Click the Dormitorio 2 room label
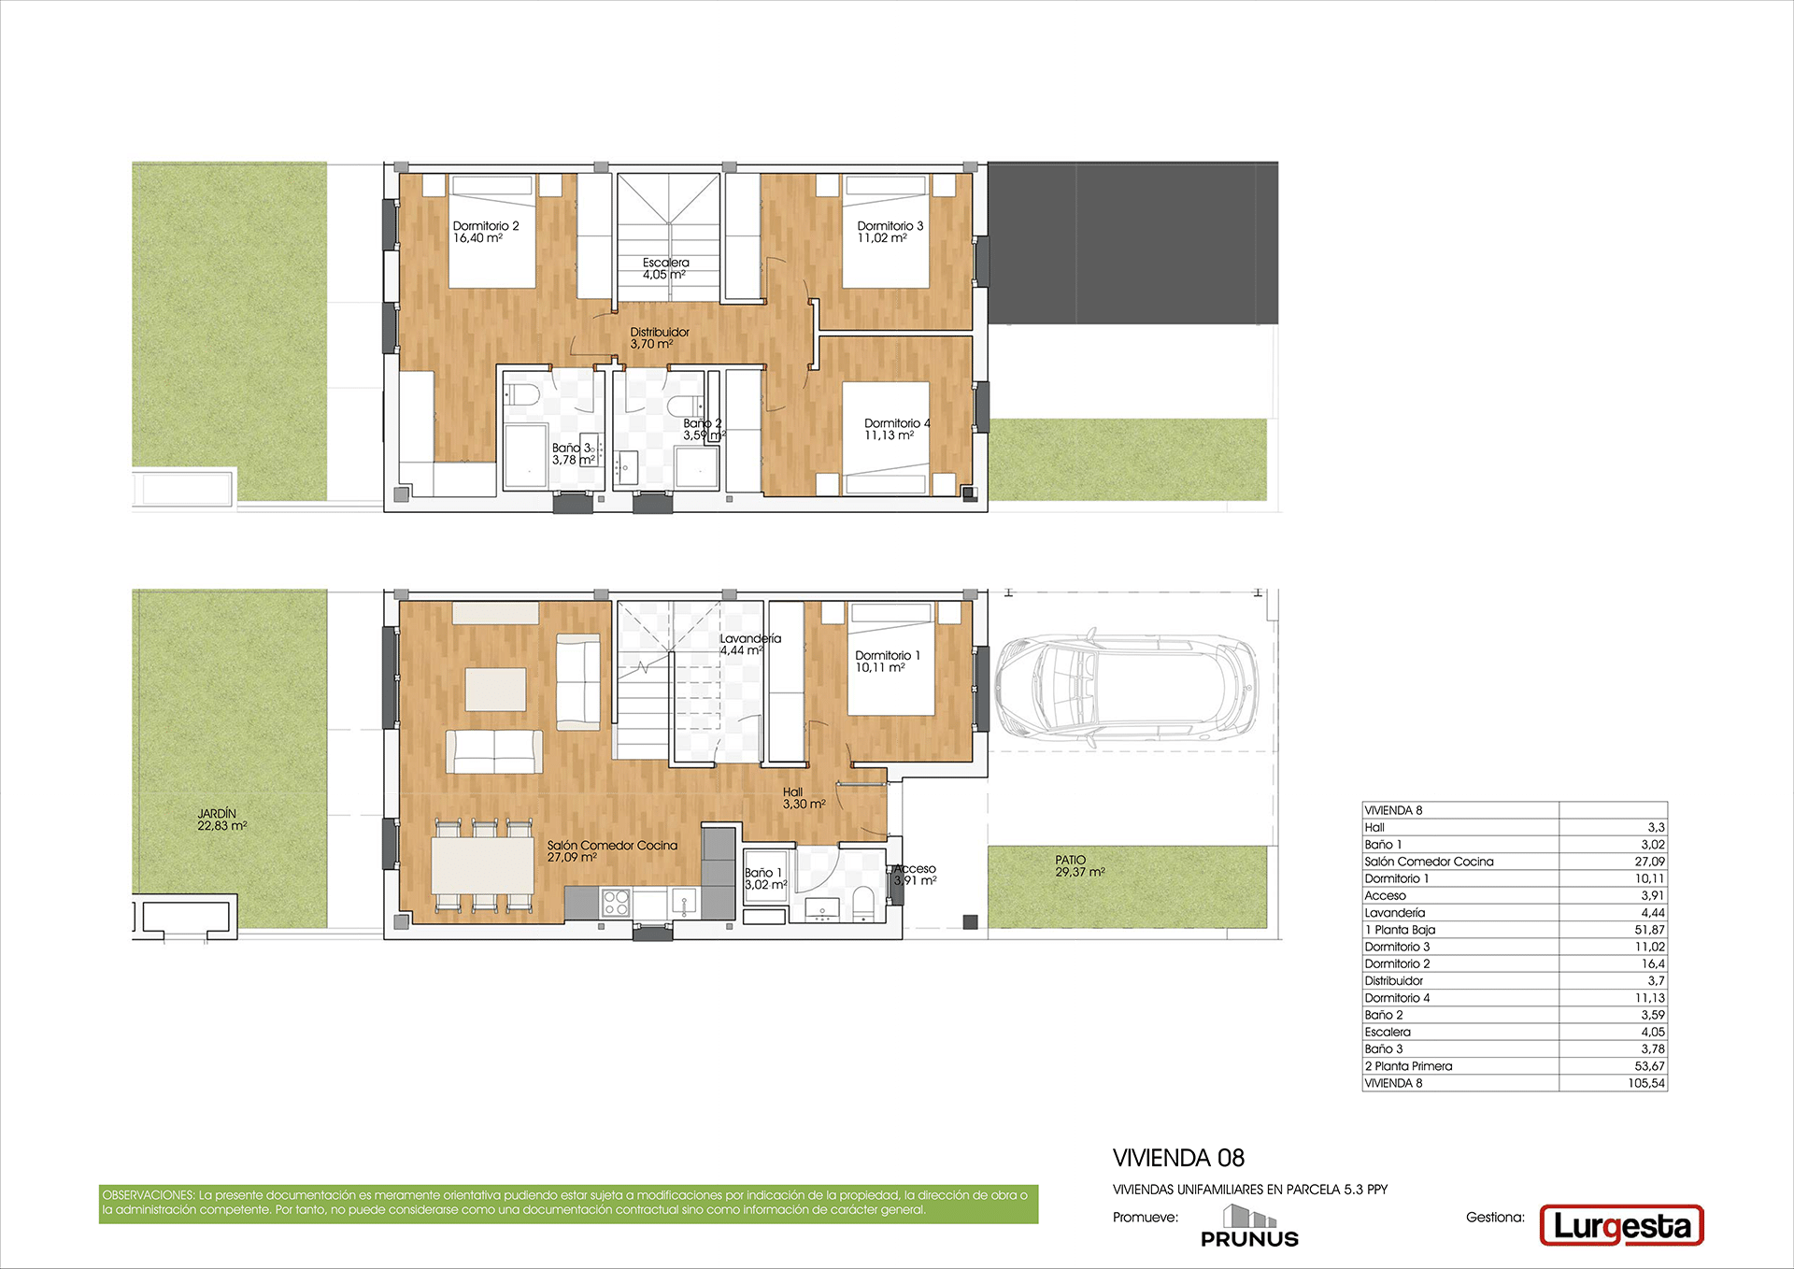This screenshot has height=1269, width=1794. click(x=485, y=232)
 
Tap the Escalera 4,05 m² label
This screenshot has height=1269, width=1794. click(x=665, y=268)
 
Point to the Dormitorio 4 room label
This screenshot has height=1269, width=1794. click(x=897, y=429)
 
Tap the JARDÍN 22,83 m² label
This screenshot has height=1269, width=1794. click(x=221, y=820)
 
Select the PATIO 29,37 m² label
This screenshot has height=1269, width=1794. click(x=1079, y=865)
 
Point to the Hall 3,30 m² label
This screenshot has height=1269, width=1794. click(x=804, y=797)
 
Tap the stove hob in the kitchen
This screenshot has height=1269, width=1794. click(x=616, y=902)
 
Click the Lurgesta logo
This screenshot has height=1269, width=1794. click(x=1621, y=1226)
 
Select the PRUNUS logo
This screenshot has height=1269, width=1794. click(x=1249, y=1226)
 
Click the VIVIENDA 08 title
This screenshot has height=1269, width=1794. click(x=1178, y=1158)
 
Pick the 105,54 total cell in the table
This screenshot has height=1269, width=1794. click(x=1645, y=1083)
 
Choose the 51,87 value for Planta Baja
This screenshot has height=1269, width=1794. click(x=1649, y=930)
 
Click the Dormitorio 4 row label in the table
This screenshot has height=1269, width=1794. click(x=1397, y=998)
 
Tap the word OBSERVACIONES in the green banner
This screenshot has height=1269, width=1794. click(x=149, y=1195)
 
